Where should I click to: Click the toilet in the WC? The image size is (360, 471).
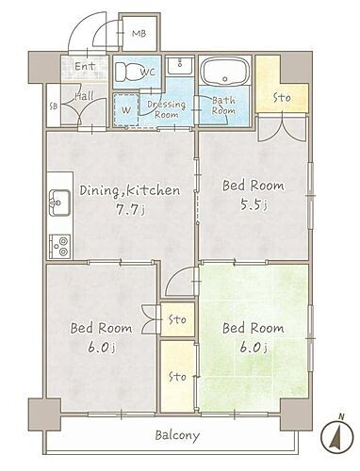point(127,72)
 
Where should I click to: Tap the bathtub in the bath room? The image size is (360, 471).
point(225,72)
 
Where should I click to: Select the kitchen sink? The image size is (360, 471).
point(59,203)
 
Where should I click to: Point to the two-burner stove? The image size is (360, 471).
point(60,247)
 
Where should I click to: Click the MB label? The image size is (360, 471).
point(139,33)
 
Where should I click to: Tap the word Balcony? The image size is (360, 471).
point(177,435)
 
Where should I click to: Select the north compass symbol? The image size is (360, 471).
point(336,436)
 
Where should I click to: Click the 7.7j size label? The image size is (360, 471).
point(130,210)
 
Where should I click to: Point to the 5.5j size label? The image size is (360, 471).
point(254,204)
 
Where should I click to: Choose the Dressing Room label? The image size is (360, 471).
point(167,109)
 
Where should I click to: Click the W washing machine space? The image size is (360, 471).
point(126,110)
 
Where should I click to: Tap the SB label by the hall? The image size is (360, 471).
point(54,106)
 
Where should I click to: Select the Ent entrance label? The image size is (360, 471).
point(85,66)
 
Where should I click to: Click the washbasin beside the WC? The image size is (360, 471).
point(179,65)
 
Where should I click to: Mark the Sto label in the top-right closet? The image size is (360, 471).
point(282,98)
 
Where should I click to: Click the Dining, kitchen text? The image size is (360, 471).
point(130,190)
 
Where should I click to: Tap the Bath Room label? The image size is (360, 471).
point(223,106)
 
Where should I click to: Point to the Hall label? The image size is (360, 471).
point(84,96)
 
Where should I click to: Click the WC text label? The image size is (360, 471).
point(148,72)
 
